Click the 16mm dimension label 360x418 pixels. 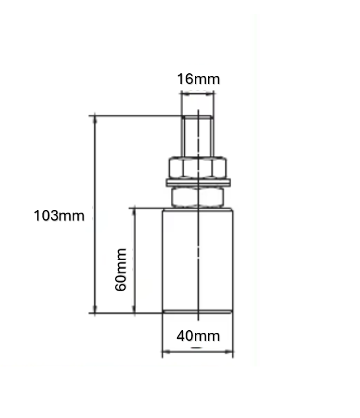(x=198, y=79)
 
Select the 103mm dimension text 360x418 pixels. (x=59, y=215)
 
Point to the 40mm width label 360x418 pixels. (x=198, y=335)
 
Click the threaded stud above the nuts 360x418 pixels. (x=198, y=137)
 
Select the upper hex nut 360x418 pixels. (x=198, y=167)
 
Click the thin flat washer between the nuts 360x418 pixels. (x=198, y=182)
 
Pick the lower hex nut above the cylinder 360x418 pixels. (x=198, y=196)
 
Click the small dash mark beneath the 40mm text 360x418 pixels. (x=196, y=345)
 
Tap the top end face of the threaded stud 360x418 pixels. (x=198, y=117)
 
